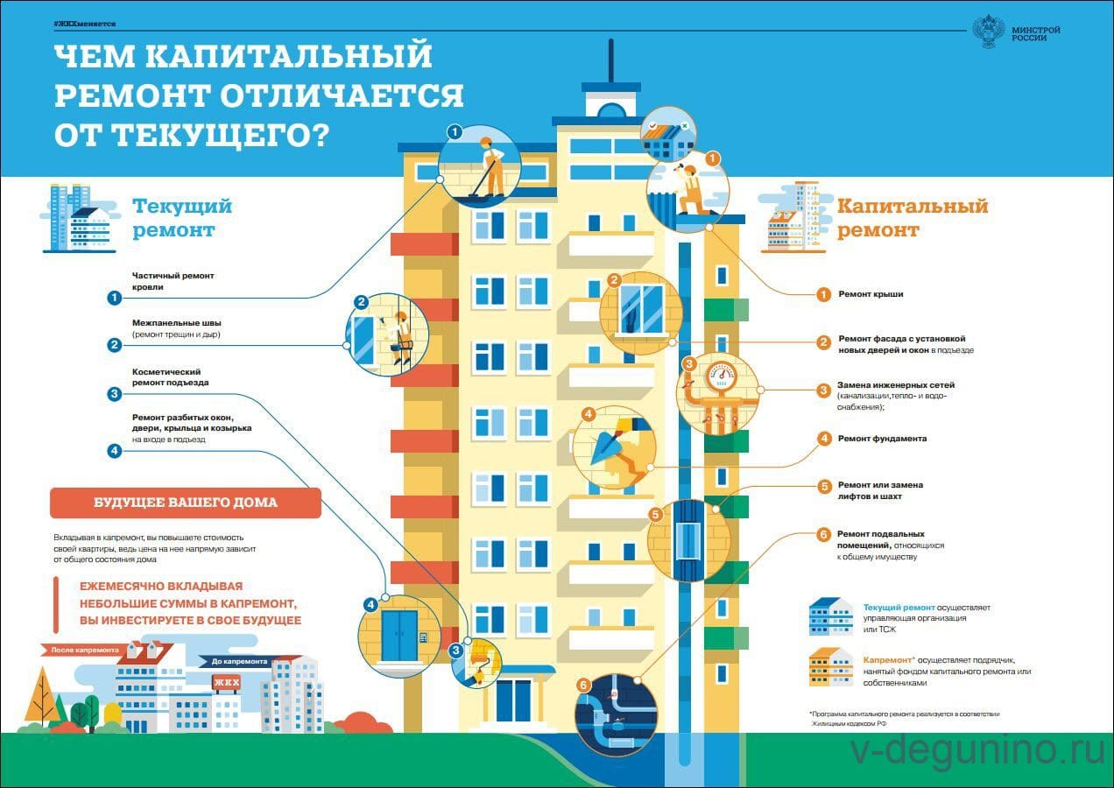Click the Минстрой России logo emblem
[989, 32]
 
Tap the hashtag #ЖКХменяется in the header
[84, 23]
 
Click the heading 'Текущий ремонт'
[182, 217]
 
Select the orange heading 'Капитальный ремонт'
[912, 217]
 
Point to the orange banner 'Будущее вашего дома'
[185, 503]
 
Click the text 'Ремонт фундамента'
[882, 439]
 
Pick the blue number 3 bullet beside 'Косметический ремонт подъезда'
[114, 394]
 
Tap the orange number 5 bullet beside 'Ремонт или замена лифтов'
[823, 486]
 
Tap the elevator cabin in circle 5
[689, 539]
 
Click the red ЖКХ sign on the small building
[226, 683]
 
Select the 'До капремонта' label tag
[237, 662]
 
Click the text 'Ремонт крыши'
[871, 294]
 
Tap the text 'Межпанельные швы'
[173, 322]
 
